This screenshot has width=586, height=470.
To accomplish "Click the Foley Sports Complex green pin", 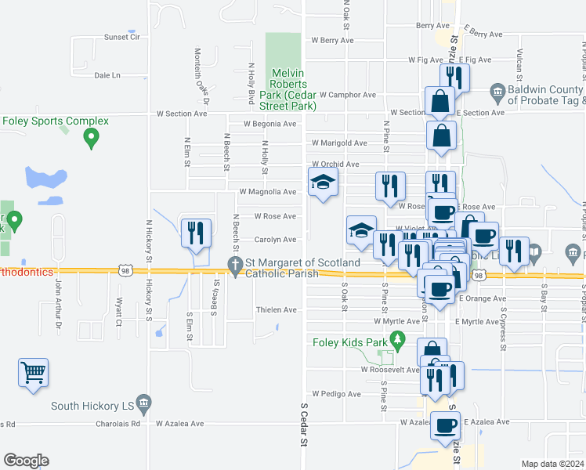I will pos(91,139).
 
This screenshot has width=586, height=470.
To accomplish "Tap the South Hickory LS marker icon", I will pos(143,405).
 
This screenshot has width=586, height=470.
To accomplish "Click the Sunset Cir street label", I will pos(121,37).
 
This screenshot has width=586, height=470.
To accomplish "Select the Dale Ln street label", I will pos(107,75).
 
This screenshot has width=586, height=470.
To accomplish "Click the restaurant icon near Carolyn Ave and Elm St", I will pos(195,232).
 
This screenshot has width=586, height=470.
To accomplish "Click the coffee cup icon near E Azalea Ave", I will pos(446,425).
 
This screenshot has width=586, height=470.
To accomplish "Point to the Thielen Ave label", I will pos(277,310).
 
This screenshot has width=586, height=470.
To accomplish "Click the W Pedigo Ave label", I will pos(336,393).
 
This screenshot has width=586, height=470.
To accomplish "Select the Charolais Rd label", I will pos(125,424).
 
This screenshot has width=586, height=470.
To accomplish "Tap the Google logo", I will pos(26,461).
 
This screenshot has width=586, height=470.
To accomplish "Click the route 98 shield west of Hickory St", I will pos(125,271).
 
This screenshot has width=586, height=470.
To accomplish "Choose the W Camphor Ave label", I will pos(347,95).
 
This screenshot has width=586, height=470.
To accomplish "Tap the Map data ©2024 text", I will pos(552,464).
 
